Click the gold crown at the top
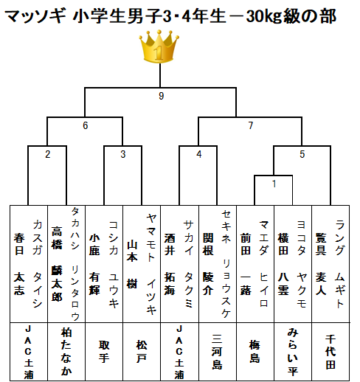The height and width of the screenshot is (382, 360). [x=159, y=46]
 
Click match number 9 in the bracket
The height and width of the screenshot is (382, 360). [x=161, y=96]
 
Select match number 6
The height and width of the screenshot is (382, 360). [x=86, y=125]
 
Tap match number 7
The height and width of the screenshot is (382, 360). [x=251, y=125]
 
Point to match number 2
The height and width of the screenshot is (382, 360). [x=48, y=154]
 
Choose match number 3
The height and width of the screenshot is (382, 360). [x=123, y=154]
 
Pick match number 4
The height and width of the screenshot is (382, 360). [x=199, y=154]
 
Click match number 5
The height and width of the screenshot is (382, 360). [x=302, y=154]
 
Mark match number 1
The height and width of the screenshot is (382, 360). [x=274, y=184]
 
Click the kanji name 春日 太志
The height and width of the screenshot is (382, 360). [x=19, y=264]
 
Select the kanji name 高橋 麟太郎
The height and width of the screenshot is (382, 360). [x=57, y=264]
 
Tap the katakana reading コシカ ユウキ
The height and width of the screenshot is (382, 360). [x=114, y=264]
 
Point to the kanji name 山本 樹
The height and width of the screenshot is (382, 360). [x=132, y=264]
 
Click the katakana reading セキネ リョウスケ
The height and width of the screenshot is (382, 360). [x=226, y=264]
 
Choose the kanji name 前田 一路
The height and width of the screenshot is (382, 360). [x=246, y=264]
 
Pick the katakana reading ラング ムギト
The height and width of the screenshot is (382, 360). [x=339, y=264]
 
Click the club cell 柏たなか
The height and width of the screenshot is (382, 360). [x=66, y=352]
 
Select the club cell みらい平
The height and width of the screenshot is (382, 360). [x=293, y=352]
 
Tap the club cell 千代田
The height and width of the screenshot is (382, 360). [x=330, y=352]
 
